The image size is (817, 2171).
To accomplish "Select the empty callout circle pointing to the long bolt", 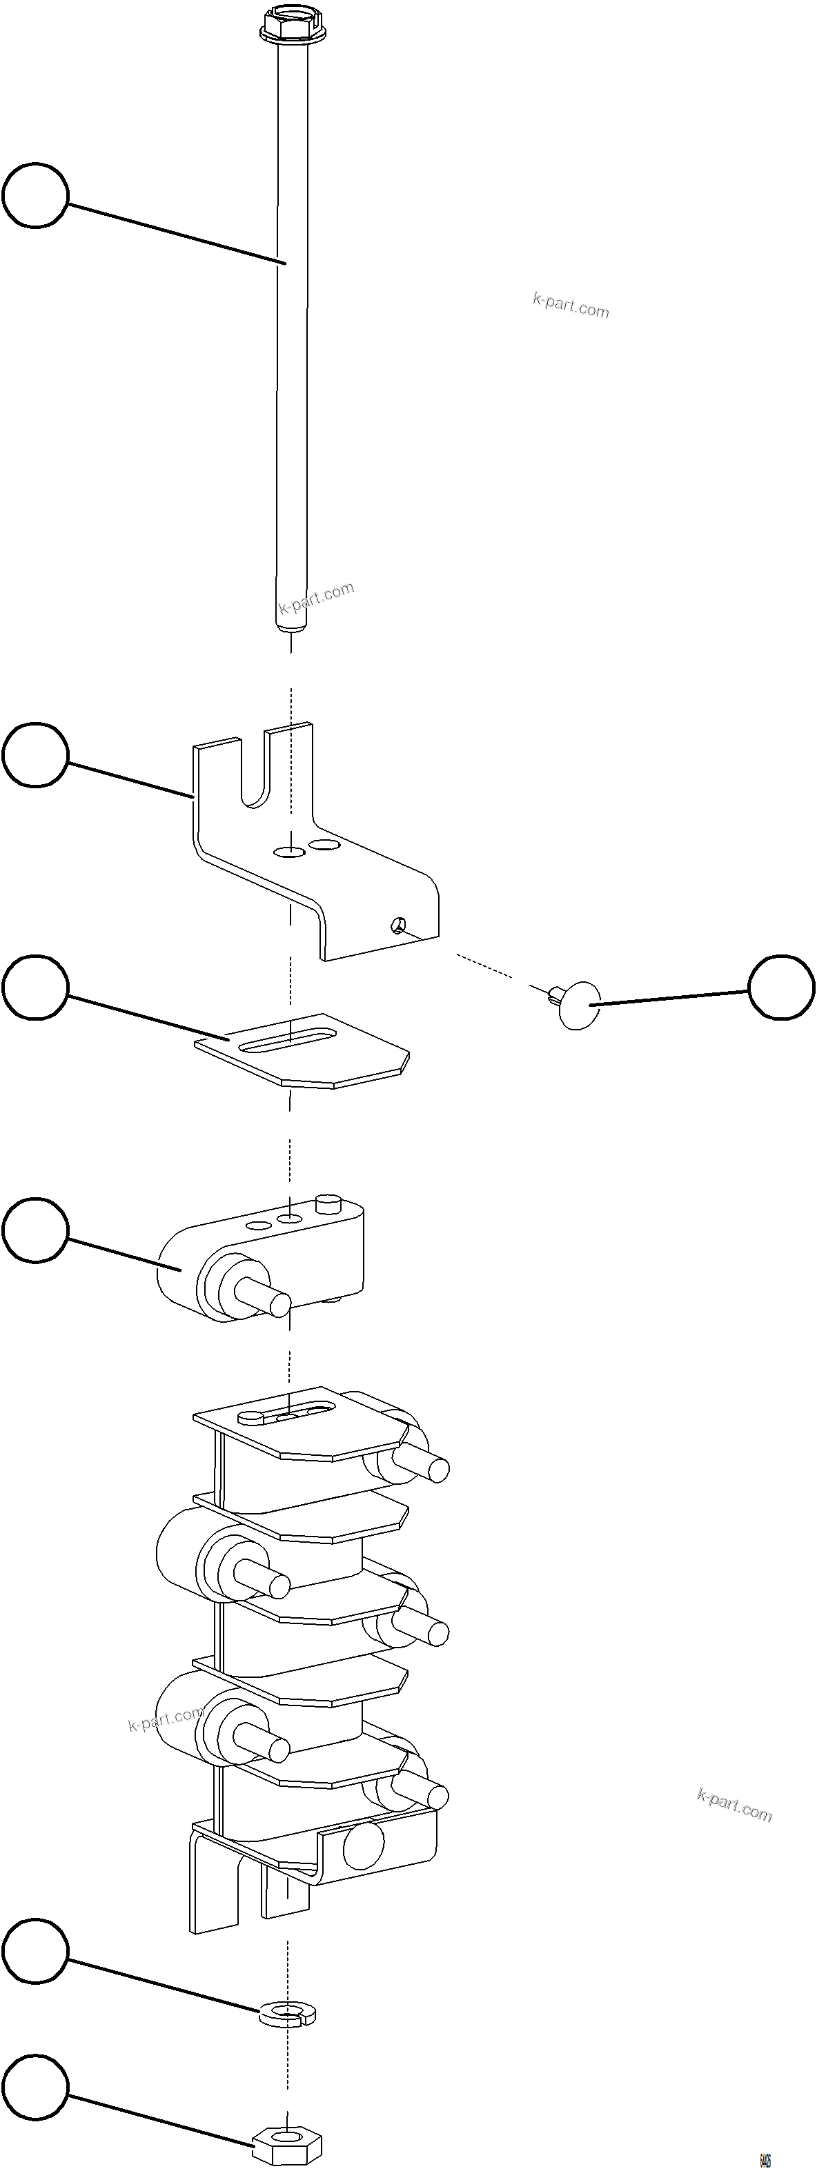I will pyautogui.click(x=35, y=196).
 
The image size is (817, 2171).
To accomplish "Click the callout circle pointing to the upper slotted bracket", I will pyautogui.click(x=35, y=754).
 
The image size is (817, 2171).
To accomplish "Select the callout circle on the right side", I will pyautogui.click(x=782, y=987).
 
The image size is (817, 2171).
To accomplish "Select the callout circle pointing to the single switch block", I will pyautogui.click(x=35, y=1230).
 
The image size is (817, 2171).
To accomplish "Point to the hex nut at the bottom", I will pyautogui.click(x=288, y=2141).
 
